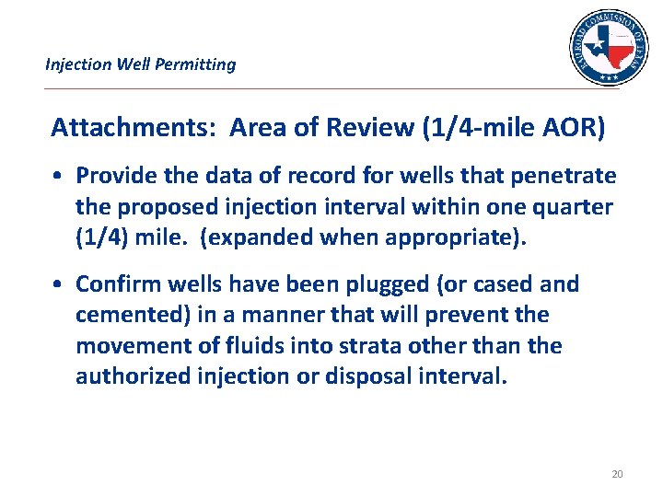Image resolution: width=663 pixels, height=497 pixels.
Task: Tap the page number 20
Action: point(617,474)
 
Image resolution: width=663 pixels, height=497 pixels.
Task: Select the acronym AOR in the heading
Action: point(572,128)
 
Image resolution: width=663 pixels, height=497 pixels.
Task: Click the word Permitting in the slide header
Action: point(194,64)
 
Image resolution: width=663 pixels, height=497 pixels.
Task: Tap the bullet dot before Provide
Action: point(58,176)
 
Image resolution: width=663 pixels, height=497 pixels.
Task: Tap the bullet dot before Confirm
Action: point(58,284)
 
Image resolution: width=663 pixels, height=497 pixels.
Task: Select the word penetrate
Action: point(565,176)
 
